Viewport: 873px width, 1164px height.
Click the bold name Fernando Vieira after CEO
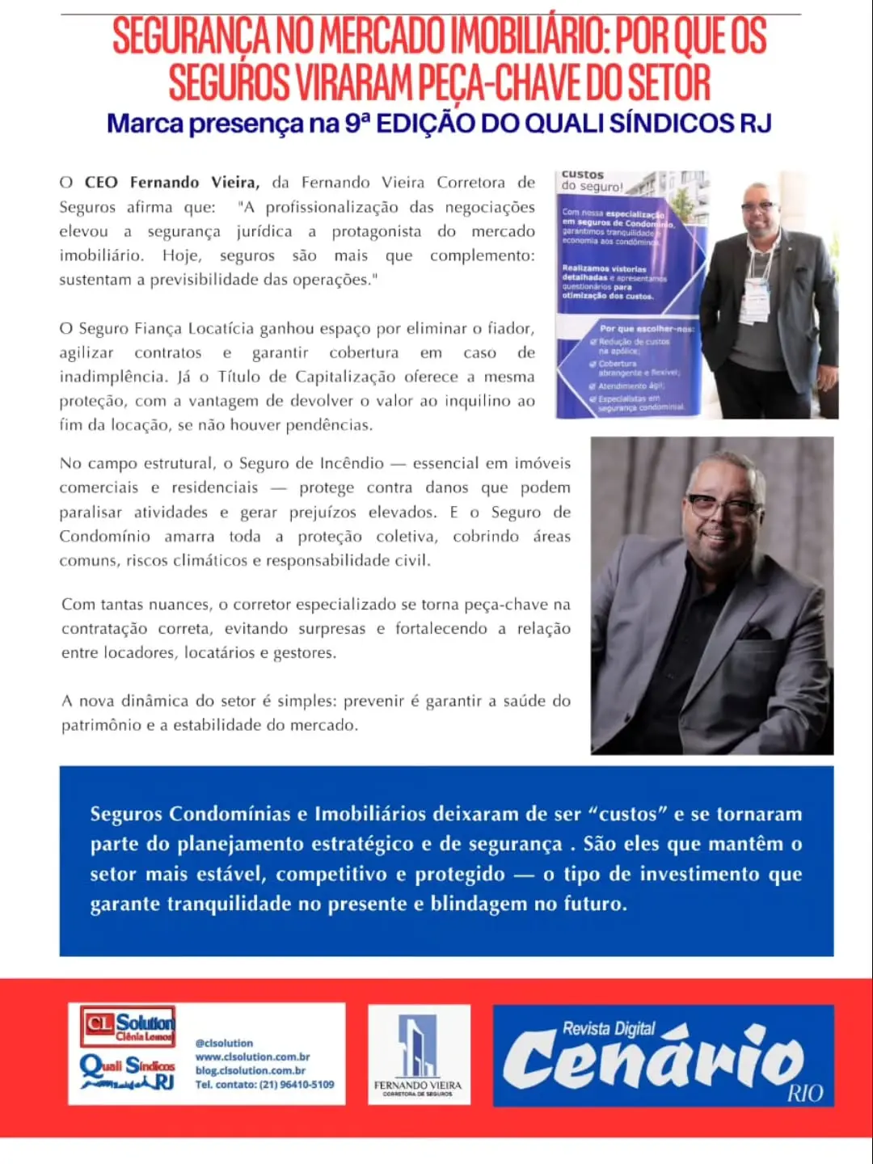tap(194, 183)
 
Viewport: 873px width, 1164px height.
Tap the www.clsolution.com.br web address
tap(252, 1056)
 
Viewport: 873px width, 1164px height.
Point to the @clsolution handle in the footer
tap(224, 1043)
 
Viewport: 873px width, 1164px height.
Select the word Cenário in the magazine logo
tap(653, 1060)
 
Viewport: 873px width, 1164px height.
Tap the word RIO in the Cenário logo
tap(805, 1094)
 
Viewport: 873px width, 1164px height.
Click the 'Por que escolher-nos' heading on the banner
tap(647, 329)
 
